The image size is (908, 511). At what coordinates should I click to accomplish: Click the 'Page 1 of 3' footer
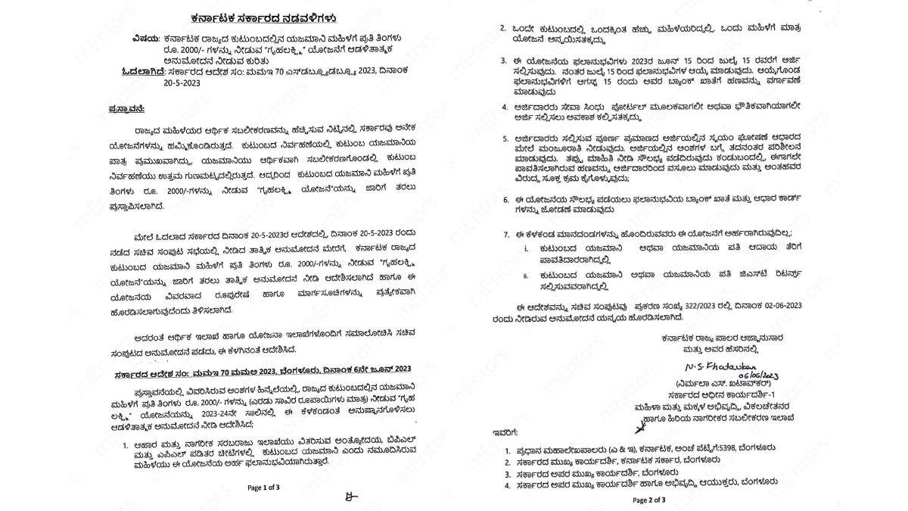[x=263, y=488]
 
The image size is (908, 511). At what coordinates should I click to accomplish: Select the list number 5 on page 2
[x=507, y=140]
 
